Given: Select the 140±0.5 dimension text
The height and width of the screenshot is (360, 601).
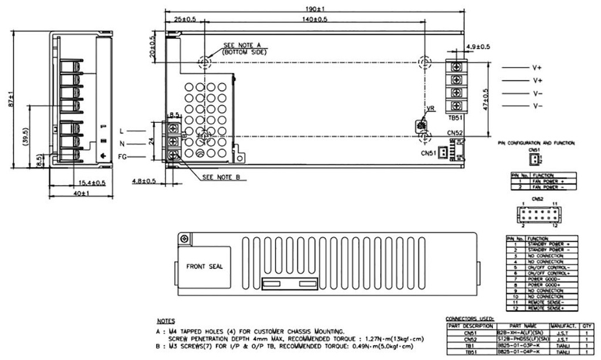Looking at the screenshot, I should (x=315, y=19).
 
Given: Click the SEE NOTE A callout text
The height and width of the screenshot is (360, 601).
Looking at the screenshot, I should (x=244, y=46).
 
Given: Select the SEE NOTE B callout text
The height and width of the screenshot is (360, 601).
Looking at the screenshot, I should (x=222, y=176).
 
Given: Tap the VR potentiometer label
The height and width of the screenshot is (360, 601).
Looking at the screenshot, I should (x=431, y=109).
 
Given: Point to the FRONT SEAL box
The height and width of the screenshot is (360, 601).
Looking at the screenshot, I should (x=204, y=266).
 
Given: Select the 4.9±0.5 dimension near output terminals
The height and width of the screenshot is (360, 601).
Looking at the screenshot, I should (x=478, y=47).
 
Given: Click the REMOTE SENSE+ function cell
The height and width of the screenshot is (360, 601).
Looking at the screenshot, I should (x=545, y=308).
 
